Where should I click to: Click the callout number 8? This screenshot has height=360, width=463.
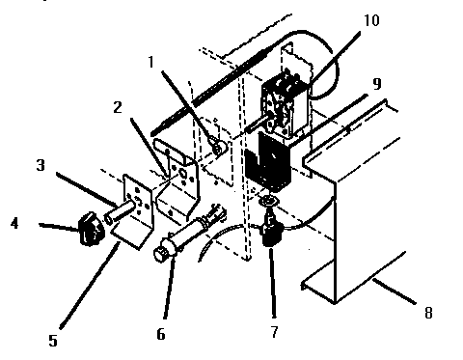click(426, 313)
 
